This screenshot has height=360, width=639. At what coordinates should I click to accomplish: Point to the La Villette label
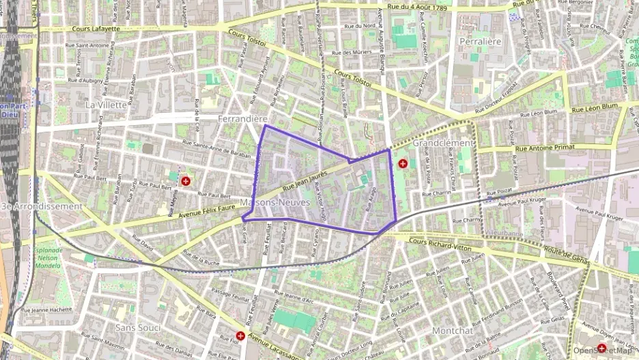(x=106, y=105)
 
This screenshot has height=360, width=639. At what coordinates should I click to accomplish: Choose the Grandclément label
(x=442, y=143)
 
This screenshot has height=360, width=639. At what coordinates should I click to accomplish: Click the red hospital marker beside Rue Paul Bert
(x=186, y=181)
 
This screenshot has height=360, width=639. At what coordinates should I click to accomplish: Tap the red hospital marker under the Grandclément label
(x=403, y=163)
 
